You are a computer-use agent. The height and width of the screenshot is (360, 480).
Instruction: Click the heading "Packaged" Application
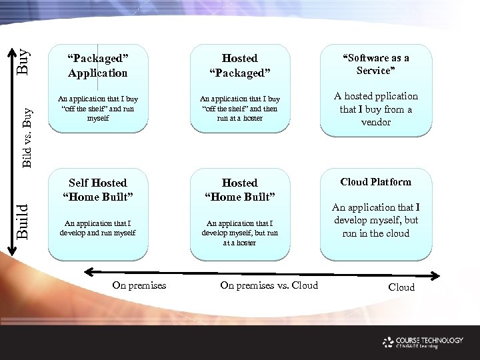click(97, 65)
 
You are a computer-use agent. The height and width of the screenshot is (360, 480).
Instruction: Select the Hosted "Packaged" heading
click(239, 65)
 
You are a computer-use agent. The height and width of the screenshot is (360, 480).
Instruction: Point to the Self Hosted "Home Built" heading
click(98, 189)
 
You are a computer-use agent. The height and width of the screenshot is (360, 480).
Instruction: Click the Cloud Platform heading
click(375, 182)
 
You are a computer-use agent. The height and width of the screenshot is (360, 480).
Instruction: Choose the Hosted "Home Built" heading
click(239, 189)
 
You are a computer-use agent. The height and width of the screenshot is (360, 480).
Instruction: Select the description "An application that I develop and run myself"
click(98, 228)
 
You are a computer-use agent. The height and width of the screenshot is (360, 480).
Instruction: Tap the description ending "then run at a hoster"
click(239, 109)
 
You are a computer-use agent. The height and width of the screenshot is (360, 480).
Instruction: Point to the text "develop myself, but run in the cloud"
click(375, 221)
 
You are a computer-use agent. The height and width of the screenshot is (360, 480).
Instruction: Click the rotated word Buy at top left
click(23, 61)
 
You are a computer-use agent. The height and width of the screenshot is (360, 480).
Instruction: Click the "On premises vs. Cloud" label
click(269, 285)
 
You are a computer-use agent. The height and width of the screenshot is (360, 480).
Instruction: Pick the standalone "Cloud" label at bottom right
click(401, 287)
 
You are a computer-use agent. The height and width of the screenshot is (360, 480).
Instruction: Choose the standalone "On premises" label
click(139, 285)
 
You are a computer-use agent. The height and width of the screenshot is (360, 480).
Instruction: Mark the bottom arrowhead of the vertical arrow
click(11, 249)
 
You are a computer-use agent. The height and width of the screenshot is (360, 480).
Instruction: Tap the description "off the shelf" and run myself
click(98, 109)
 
